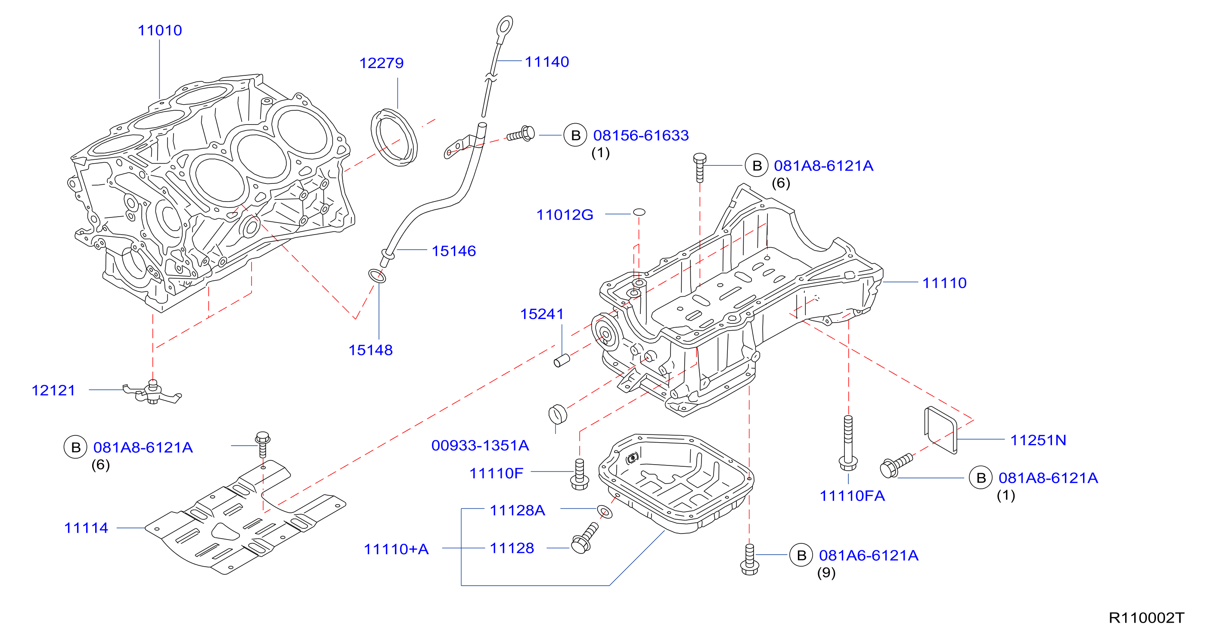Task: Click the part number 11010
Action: pyautogui.click(x=160, y=30)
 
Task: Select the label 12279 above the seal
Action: pyautogui.click(x=381, y=63)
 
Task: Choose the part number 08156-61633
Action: pyautogui.click(x=641, y=135)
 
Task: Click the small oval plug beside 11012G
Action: pyautogui.click(x=639, y=212)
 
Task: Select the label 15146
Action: pyautogui.click(x=454, y=251)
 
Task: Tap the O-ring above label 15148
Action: pyautogui.click(x=377, y=276)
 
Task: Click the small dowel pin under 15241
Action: pyautogui.click(x=562, y=360)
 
